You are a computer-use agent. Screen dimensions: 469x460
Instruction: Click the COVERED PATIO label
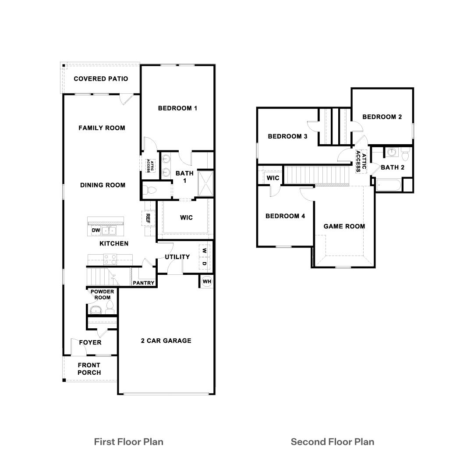tap(101, 79)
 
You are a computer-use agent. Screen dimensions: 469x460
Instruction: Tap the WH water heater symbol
tap(207, 281)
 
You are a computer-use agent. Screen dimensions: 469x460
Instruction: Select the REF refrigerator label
tap(148, 218)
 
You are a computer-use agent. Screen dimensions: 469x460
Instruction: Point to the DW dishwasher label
tap(96, 231)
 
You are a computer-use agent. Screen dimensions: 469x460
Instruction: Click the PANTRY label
tap(144, 283)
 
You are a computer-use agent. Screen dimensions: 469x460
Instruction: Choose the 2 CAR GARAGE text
tap(166, 341)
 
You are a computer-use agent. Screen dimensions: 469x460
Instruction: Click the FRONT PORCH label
tap(89, 369)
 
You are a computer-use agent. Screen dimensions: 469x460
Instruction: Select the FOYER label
tap(90, 342)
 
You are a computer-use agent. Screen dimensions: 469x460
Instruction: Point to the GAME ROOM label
tap(344, 227)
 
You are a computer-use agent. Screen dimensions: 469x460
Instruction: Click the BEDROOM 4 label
tap(285, 216)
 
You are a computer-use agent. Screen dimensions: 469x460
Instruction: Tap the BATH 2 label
tap(393, 167)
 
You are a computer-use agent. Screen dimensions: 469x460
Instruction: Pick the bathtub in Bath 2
tap(389, 185)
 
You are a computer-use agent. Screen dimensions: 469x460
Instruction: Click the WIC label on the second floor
tap(273, 178)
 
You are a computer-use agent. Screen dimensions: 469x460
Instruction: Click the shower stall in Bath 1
tap(205, 184)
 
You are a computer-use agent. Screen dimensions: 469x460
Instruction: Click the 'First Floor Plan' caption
tap(129, 441)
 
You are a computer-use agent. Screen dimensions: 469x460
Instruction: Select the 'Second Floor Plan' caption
tap(333, 441)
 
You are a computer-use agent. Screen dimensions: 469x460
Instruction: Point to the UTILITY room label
tap(177, 257)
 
